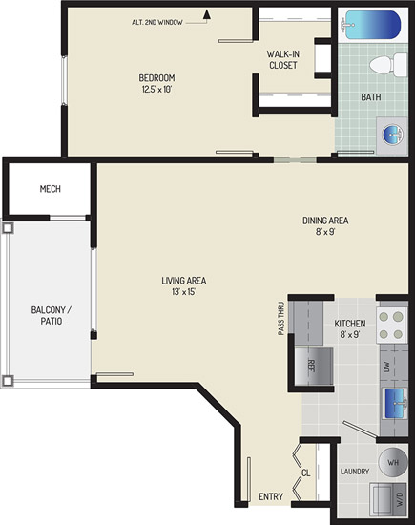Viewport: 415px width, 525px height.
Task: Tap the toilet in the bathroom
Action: click(388, 65)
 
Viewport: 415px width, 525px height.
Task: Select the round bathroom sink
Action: click(393, 135)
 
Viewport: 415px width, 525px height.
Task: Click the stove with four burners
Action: click(391, 325)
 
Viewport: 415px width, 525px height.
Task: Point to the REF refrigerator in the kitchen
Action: click(314, 367)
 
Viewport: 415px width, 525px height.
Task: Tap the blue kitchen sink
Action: click(395, 403)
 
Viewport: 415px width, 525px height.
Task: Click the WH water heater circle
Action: click(393, 462)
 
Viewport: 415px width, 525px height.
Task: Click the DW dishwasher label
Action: click(386, 367)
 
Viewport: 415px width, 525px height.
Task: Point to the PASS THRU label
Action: click(281, 319)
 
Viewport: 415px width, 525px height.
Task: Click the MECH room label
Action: click(51, 189)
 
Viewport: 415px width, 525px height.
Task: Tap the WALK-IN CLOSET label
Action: click(283, 59)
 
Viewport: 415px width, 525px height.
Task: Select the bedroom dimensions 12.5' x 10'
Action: click(156, 90)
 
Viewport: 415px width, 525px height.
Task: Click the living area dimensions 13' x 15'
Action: click(184, 292)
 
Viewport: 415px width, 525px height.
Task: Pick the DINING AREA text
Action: click(325, 220)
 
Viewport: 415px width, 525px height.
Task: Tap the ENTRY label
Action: click(271, 496)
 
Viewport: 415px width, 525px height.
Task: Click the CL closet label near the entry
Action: click(306, 472)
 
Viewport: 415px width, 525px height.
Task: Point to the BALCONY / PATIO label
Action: click(52, 315)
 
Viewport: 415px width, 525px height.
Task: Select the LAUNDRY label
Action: click(355, 472)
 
